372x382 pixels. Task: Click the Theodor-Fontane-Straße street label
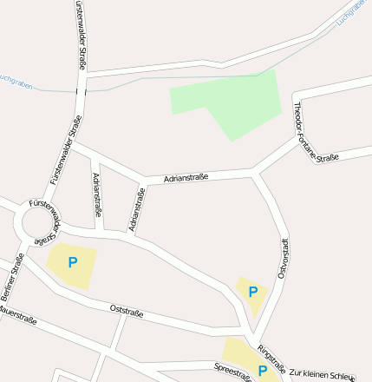315,133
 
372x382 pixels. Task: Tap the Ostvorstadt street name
283,258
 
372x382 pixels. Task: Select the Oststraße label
127,310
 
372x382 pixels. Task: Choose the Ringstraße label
271,357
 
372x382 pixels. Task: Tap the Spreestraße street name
232,372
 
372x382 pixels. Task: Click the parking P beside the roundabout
73,261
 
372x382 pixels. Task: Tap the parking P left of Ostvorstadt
252,293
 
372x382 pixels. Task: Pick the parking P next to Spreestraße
262,370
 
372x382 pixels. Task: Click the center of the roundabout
38,228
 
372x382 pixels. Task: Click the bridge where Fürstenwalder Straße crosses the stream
81,89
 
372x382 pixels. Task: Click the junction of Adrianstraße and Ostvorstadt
256,175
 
